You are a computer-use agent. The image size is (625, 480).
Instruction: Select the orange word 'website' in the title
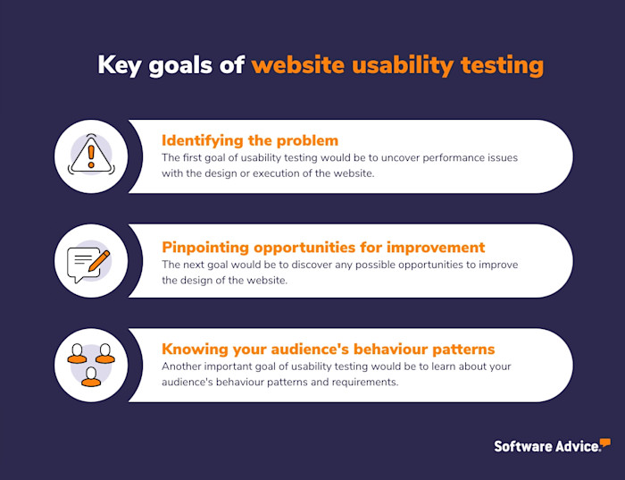tap(298, 66)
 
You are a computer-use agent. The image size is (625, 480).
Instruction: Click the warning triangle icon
tap(90, 156)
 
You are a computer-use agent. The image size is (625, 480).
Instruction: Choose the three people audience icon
tap(90, 365)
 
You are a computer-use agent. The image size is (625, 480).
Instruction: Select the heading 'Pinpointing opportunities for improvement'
tap(322, 247)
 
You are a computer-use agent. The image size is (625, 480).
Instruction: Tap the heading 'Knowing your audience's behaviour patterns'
tap(328, 349)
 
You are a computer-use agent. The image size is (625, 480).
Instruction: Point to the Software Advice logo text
tap(546, 446)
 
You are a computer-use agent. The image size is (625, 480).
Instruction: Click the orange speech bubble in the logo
tap(604, 442)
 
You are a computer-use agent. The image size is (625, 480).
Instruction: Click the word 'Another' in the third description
tap(182, 366)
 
